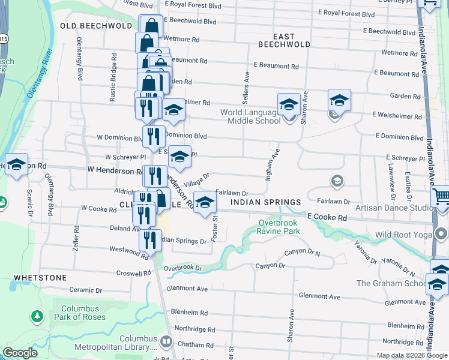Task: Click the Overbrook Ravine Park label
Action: pyautogui.click(x=279, y=227)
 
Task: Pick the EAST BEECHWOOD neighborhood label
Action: pyautogui.click(x=284, y=44)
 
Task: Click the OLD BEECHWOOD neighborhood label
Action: pyautogui.click(x=96, y=26)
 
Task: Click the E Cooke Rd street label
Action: pyautogui.click(x=327, y=218)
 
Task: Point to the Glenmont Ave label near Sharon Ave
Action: pyautogui.click(x=321, y=296)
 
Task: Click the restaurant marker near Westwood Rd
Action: pyautogui.click(x=149, y=240)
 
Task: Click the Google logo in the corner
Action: pyautogui.click(x=20, y=353)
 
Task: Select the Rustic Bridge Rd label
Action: pyautogui.click(x=113, y=71)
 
